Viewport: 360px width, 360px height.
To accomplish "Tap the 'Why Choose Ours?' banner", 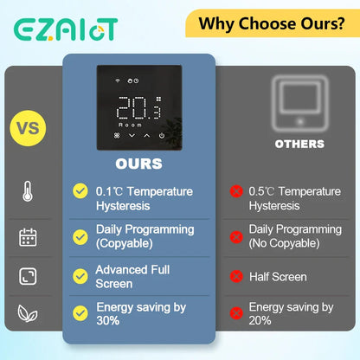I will (271, 22).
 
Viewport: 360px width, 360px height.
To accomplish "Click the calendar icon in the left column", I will (28, 236).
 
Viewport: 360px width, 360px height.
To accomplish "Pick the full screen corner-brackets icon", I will (28, 277).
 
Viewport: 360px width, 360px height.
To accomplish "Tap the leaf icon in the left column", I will (28, 313).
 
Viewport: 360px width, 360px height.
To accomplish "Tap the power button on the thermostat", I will (164, 136).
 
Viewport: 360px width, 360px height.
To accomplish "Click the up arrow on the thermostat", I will (146, 136).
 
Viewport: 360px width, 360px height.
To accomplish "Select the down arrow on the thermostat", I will (131, 136).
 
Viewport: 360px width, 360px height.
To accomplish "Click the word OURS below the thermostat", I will (138, 163).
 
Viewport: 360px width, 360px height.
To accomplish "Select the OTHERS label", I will (299, 144).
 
